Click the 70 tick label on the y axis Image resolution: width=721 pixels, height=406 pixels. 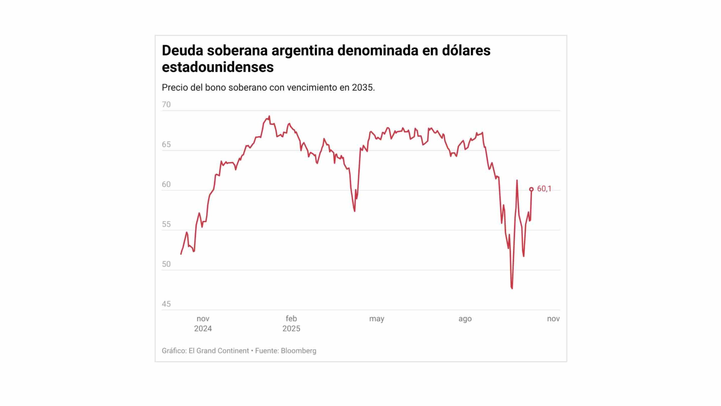click(x=166, y=105)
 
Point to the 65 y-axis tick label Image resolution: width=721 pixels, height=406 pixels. click(x=166, y=145)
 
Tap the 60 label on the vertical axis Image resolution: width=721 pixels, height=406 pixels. click(x=166, y=184)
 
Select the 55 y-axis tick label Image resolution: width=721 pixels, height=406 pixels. click(x=166, y=224)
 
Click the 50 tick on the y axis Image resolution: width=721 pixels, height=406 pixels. click(x=166, y=264)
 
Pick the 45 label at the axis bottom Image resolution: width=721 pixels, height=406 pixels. click(x=166, y=304)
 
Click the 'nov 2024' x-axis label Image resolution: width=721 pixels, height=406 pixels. click(x=203, y=323)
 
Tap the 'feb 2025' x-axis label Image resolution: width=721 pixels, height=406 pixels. click(x=291, y=323)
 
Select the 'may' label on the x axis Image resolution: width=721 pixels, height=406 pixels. click(x=377, y=319)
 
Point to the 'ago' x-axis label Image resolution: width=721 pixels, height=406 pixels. click(x=465, y=319)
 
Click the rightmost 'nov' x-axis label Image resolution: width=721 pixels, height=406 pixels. click(x=553, y=319)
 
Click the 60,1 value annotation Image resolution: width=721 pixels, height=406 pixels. click(x=544, y=189)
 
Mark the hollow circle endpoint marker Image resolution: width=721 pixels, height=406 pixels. click(x=531, y=189)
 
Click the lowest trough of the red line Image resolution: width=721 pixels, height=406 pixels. click(x=512, y=288)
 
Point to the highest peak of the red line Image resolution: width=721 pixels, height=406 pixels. click(x=269, y=116)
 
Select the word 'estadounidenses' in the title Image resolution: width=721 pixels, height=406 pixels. click(x=217, y=67)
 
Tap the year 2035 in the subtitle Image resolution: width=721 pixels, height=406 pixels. click(x=362, y=88)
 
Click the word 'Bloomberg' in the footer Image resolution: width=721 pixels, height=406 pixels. click(x=299, y=351)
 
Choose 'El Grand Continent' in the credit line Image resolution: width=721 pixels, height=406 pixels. click(x=219, y=351)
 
